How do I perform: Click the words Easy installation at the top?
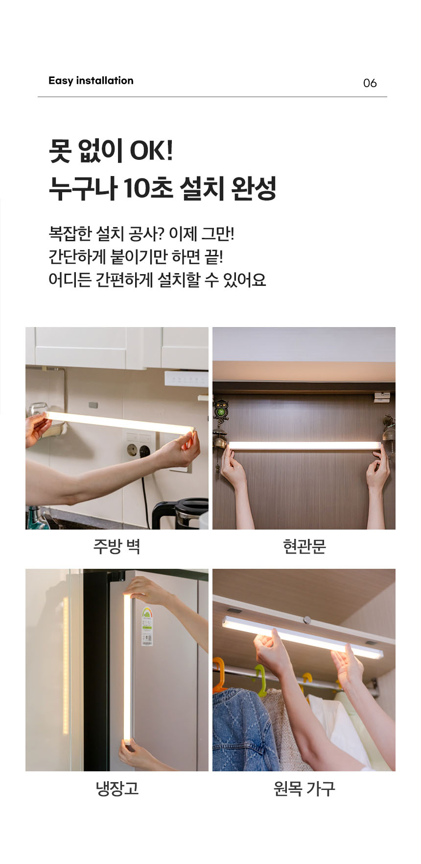(91, 81)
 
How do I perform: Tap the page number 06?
(370, 83)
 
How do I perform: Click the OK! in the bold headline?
(151, 150)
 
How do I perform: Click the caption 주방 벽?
(117, 546)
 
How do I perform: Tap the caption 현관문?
(304, 546)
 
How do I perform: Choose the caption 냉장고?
(117, 788)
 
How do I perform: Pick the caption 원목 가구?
(304, 788)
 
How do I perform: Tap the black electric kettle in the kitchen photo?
(180, 514)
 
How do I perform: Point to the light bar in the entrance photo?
(304, 445)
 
